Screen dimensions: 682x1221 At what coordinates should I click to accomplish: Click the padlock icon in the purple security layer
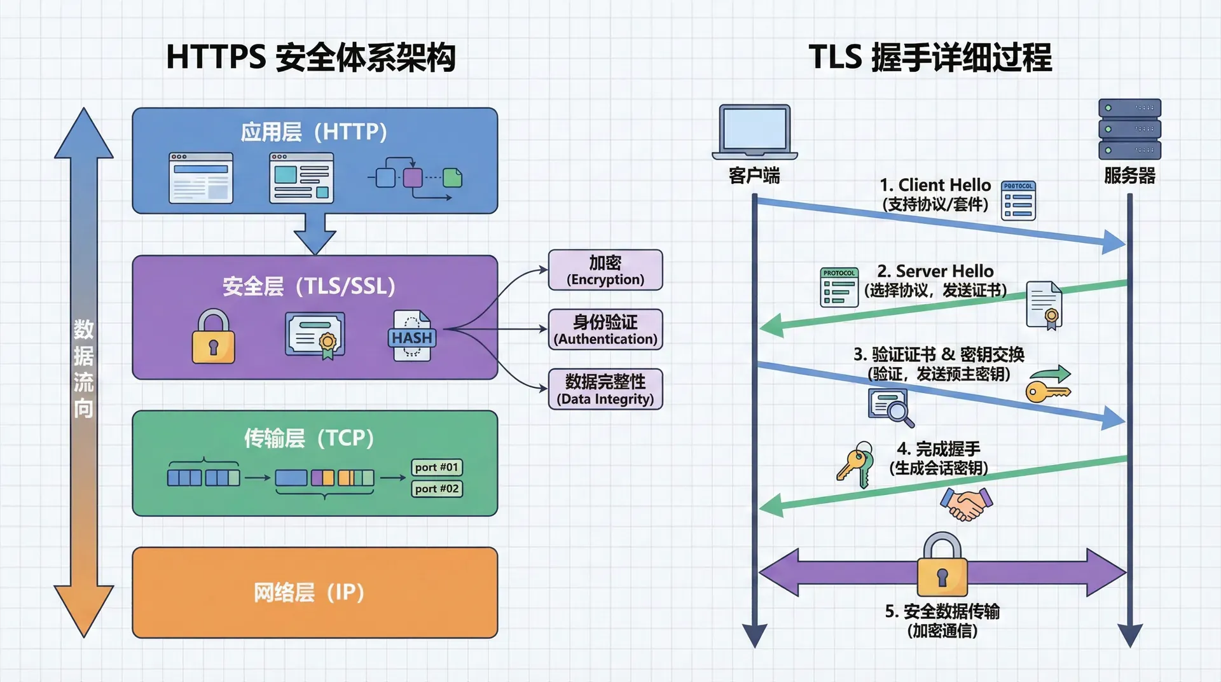[x=213, y=337]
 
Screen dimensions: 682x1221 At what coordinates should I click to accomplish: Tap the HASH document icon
[x=411, y=336]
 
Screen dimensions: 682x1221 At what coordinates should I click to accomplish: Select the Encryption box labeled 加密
[x=605, y=270]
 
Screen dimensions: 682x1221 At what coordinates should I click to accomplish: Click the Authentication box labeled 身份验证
[x=605, y=330]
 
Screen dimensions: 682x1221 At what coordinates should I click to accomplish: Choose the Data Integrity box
[x=605, y=389]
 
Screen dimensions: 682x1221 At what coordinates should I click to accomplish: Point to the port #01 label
[x=436, y=467]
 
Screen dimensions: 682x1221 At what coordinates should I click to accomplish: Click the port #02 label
[x=436, y=489]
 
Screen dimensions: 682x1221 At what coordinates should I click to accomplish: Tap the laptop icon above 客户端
[x=754, y=132]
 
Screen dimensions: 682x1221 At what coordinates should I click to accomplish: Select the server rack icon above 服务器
[x=1129, y=129]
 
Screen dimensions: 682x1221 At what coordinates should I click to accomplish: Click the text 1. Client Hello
[x=935, y=185]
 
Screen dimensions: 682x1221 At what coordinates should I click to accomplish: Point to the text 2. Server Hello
[x=935, y=271]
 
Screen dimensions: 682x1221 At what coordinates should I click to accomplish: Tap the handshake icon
[x=966, y=504]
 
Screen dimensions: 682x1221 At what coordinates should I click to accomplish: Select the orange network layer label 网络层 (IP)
[x=309, y=593]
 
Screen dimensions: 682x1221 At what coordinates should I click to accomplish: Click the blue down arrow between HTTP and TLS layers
[x=315, y=234]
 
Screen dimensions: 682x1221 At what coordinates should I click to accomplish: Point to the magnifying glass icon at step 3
[x=892, y=407]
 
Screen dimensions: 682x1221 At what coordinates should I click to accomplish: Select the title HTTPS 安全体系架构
[x=310, y=57]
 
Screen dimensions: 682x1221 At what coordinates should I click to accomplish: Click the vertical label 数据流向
[x=83, y=369]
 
